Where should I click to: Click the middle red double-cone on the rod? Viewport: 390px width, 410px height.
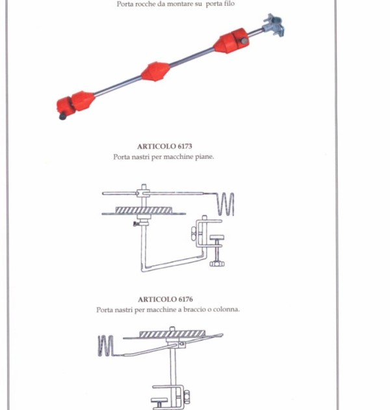click(156, 72)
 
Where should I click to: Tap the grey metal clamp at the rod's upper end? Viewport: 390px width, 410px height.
click(274, 25)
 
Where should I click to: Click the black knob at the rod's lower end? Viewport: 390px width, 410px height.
click(62, 116)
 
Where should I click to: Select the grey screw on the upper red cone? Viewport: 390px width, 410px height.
click(244, 40)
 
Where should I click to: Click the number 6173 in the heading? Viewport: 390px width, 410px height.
click(185, 146)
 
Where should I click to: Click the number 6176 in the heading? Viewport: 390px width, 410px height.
click(186, 299)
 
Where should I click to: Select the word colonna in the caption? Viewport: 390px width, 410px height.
click(226, 309)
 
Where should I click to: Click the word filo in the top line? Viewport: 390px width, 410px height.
click(228, 4)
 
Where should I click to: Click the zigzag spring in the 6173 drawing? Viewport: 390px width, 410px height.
click(226, 204)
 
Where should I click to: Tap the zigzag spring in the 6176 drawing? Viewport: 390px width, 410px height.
click(106, 346)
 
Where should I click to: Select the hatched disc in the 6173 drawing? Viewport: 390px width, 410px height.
click(144, 210)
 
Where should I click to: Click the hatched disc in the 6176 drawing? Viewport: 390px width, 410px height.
click(172, 334)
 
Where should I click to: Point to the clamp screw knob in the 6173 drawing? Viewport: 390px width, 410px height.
click(217, 264)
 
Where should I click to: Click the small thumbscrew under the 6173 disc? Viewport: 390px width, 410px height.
click(136, 224)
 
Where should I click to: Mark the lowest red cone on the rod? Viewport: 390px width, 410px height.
click(83, 101)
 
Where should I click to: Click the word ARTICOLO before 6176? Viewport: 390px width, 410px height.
click(157, 299)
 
